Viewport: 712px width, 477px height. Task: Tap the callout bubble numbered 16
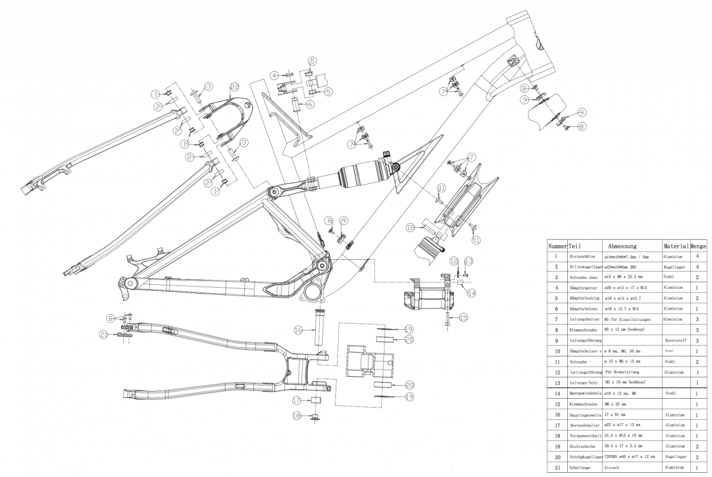(298, 330)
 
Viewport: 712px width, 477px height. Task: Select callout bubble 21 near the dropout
(104, 335)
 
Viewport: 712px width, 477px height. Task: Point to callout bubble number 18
(297, 416)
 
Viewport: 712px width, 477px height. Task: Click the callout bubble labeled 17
(297, 400)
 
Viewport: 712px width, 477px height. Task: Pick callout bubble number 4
(274, 75)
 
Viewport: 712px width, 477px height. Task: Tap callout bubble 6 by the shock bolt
(310, 103)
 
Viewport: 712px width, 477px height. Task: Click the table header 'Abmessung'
(622, 246)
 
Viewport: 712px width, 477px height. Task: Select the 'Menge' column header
(698, 246)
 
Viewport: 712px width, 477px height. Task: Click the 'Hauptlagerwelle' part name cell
(586, 415)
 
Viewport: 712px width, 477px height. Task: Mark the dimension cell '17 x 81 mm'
(615, 415)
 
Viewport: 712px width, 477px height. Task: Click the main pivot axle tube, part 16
(319, 330)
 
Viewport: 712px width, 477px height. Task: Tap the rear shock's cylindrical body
(361, 173)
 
